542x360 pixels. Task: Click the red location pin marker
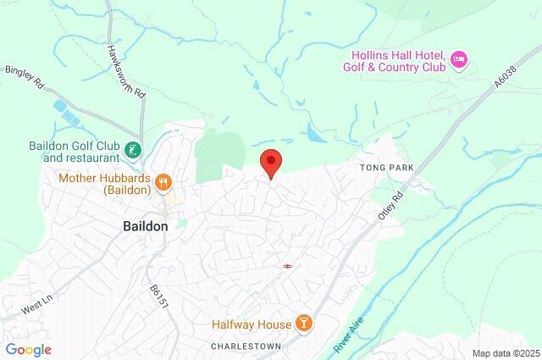coord(270,162)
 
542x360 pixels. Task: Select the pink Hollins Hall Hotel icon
coord(459,58)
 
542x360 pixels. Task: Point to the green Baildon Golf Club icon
coord(132,151)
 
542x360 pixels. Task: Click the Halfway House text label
coord(252,323)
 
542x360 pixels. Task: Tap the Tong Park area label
coord(386,169)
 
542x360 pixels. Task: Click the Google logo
coord(28,349)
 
